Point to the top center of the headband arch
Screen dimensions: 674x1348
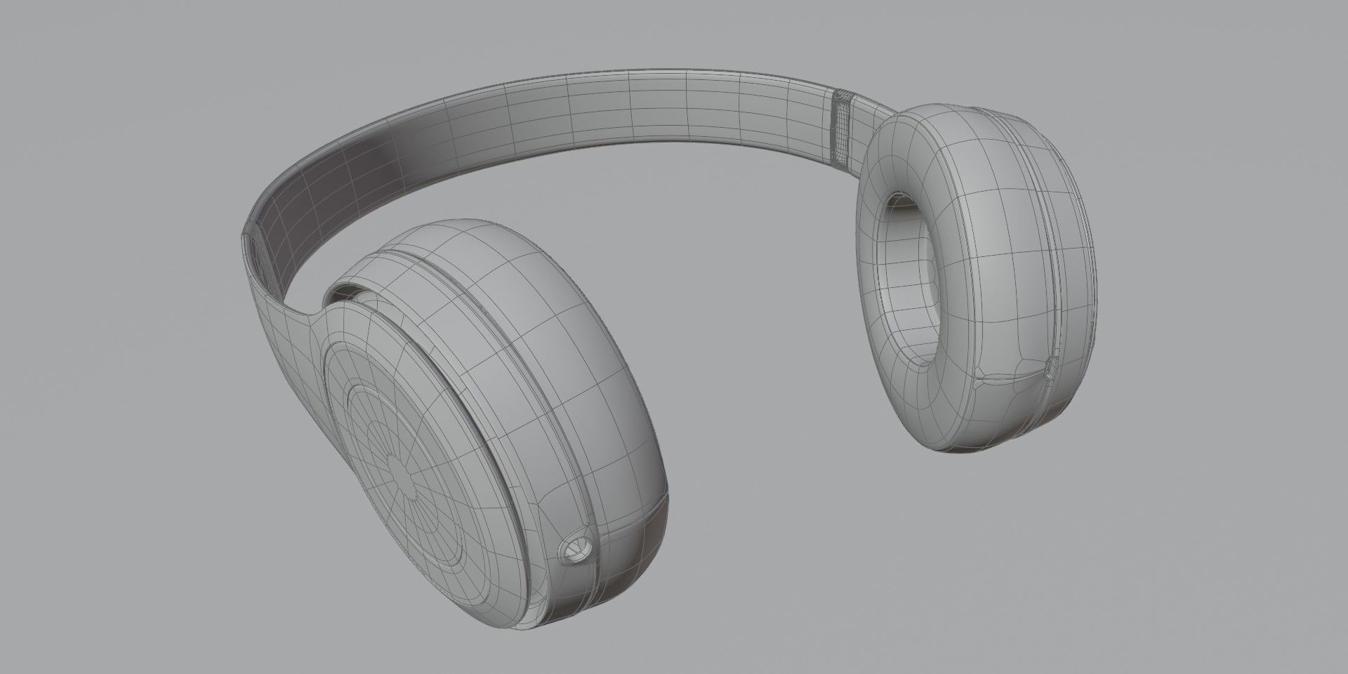pyautogui.click(x=632, y=105)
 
